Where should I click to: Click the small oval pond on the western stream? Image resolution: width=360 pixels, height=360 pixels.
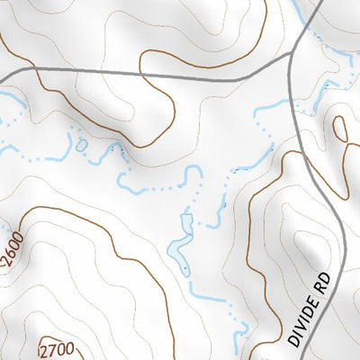tap(82, 144)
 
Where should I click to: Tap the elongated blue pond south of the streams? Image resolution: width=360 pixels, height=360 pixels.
tap(184, 240)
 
